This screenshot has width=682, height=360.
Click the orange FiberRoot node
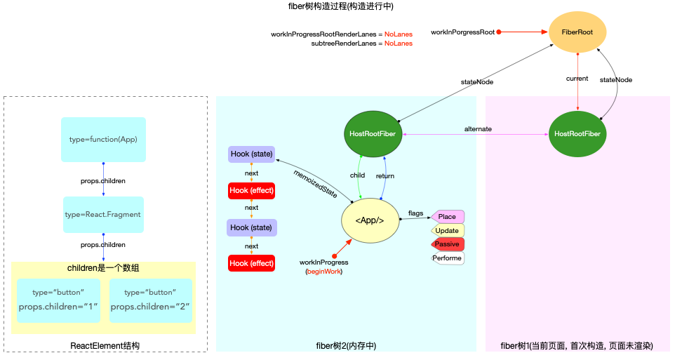click(x=577, y=32)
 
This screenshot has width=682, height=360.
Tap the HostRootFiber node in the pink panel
click(x=577, y=133)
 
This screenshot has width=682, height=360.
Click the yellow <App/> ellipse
click(x=370, y=220)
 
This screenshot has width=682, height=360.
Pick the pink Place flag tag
click(x=447, y=217)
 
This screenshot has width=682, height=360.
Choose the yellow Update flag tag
click(x=447, y=231)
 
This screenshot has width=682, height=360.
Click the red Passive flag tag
click(x=447, y=244)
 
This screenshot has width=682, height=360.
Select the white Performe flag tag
click(x=447, y=258)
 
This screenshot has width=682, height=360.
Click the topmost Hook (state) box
click(x=251, y=154)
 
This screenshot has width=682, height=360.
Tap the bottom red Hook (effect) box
click(x=251, y=263)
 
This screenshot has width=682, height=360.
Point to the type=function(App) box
click(x=103, y=140)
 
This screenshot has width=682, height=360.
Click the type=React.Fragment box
click(x=103, y=215)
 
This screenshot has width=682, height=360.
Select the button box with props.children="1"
click(x=58, y=300)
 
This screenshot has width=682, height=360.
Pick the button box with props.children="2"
click(x=150, y=300)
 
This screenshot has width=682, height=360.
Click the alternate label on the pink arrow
click(x=477, y=129)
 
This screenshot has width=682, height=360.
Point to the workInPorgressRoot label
click(x=462, y=32)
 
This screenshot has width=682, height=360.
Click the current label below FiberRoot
click(x=577, y=79)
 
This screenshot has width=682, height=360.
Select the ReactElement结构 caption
click(x=105, y=346)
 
